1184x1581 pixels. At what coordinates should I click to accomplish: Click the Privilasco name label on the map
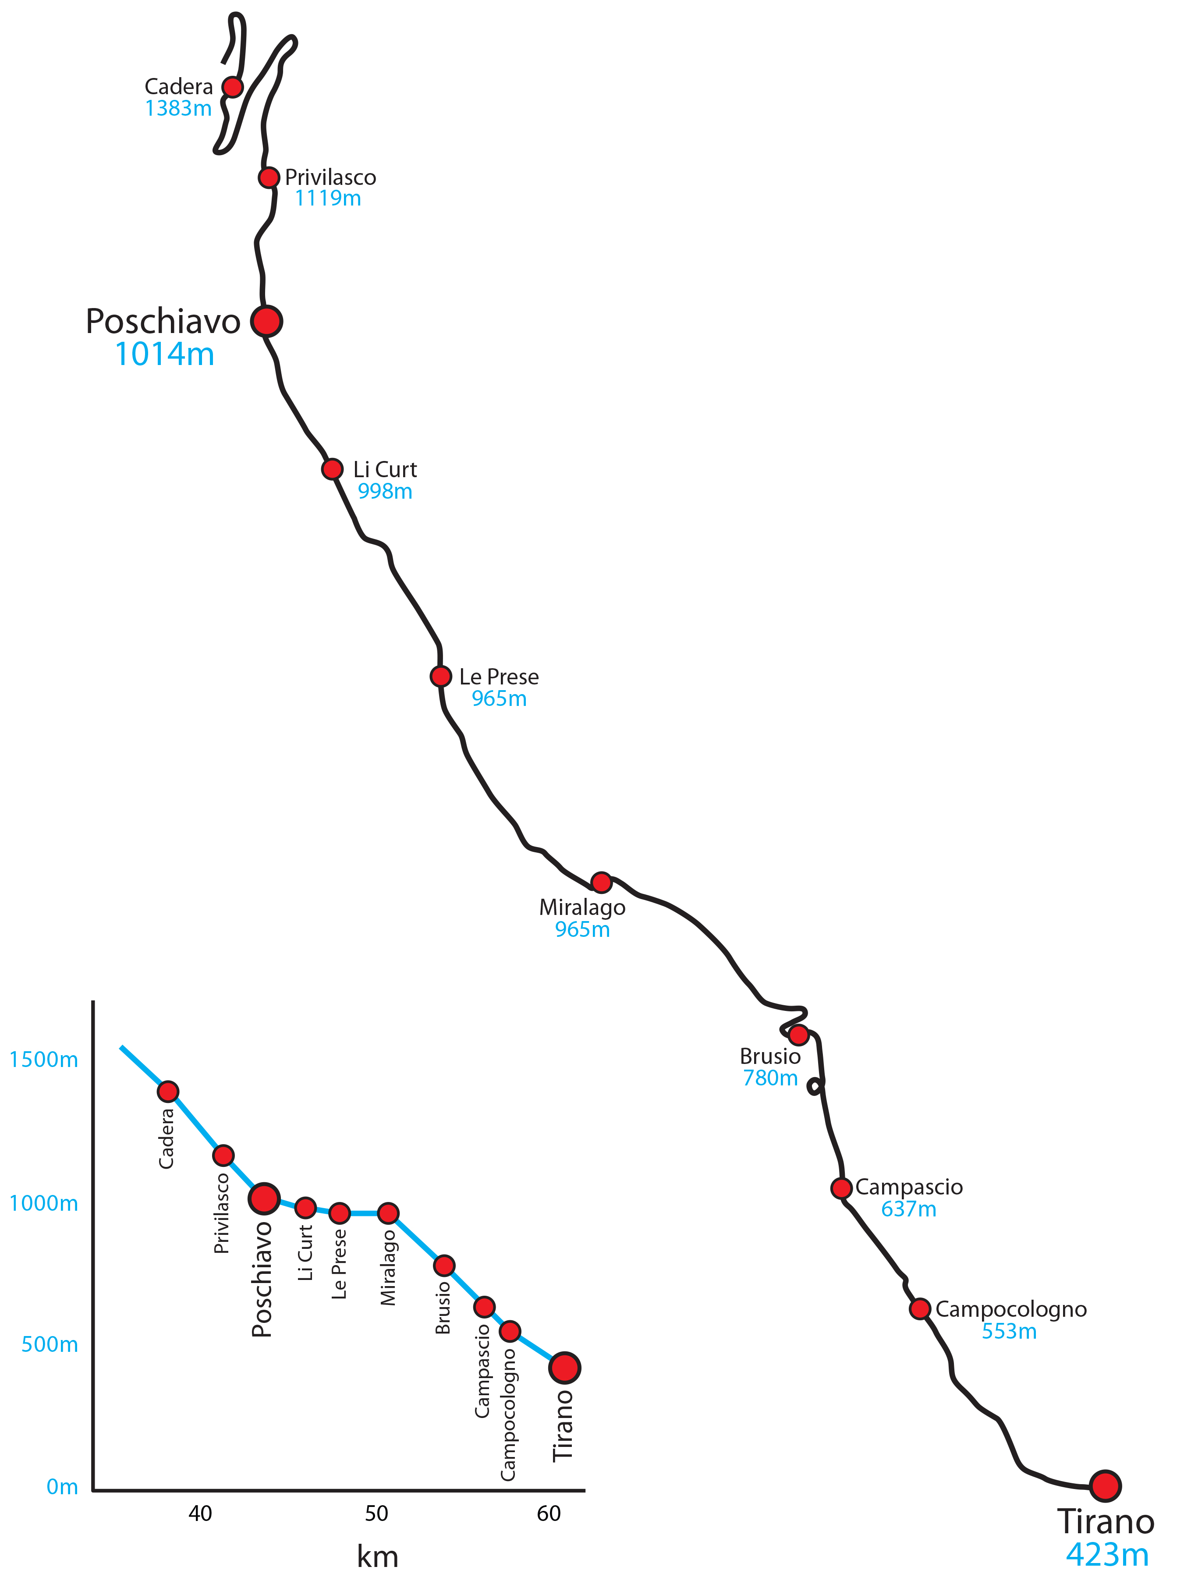(330, 177)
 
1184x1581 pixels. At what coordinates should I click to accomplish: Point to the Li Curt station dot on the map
(332, 469)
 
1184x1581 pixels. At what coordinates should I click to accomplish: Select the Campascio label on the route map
(909, 1187)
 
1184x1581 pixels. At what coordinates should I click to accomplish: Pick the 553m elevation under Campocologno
(1008, 1332)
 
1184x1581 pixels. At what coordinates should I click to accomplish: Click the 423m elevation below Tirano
(1107, 1555)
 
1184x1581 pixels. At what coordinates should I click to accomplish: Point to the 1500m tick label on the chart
(43, 1059)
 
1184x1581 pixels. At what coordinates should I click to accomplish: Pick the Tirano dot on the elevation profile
(564, 1367)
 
